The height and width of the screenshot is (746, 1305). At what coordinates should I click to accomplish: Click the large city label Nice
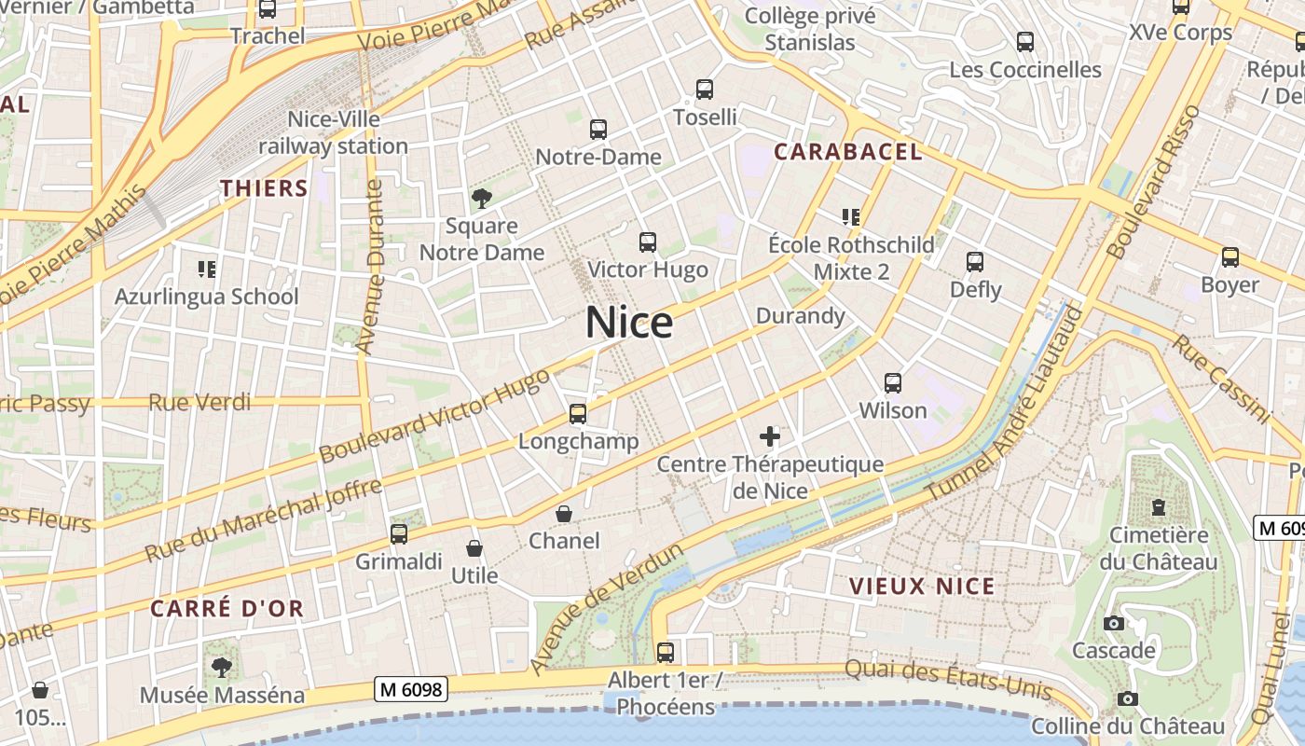(x=629, y=323)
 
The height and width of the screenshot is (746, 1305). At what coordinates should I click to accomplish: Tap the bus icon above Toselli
(x=705, y=90)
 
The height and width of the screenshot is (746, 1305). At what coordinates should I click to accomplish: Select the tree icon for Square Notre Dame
(x=482, y=198)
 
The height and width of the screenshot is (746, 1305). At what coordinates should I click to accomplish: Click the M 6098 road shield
(x=411, y=689)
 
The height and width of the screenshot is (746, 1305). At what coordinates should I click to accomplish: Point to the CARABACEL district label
(x=848, y=152)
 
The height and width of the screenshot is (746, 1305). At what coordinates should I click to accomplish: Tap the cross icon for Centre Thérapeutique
(x=770, y=435)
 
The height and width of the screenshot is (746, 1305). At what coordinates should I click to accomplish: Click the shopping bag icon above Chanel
(x=564, y=514)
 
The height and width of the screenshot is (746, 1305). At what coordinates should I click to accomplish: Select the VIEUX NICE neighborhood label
(x=922, y=587)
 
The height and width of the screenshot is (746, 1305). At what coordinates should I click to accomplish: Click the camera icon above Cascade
(x=1113, y=623)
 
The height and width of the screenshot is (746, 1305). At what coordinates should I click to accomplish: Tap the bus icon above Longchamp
(x=578, y=413)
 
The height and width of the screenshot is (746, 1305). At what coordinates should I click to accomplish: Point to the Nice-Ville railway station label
(x=333, y=132)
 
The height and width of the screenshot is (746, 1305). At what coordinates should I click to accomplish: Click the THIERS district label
(x=264, y=188)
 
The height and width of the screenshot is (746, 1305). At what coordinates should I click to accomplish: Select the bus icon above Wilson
(x=893, y=382)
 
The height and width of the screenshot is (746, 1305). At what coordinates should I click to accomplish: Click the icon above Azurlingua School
(x=207, y=269)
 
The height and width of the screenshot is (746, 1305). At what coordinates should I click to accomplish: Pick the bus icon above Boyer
(x=1230, y=257)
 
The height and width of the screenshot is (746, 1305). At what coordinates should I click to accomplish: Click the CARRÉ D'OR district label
(x=227, y=609)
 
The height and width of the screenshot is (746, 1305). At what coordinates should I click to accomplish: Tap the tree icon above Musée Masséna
(x=222, y=667)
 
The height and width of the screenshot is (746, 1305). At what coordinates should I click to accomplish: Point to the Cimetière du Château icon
(x=1158, y=508)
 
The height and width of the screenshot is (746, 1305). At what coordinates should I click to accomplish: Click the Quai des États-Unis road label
(x=949, y=680)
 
